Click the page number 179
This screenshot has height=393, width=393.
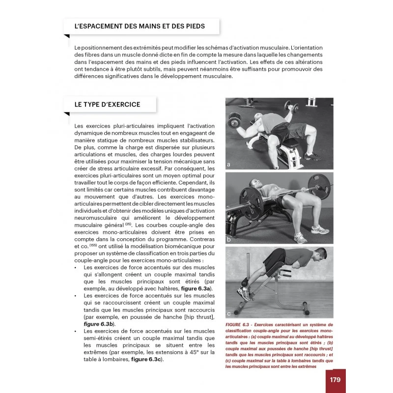[x=335, y=380]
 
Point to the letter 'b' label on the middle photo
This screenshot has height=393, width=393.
[x=229, y=240]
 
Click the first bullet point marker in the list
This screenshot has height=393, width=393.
[x=75, y=268]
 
